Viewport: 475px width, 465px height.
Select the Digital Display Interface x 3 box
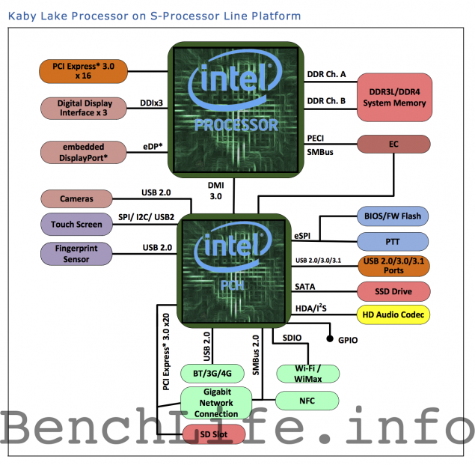tap(84, 109)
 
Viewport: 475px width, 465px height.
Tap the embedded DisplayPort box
tap(84, 152)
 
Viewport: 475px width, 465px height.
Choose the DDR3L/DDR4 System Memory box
tap(393, 96)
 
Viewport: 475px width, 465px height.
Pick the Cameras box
tap(77, 199)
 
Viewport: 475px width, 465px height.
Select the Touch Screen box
tap(76, 224)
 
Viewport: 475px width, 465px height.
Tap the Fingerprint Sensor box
tap(76, 253)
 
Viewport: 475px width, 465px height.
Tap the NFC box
tap(307, 401)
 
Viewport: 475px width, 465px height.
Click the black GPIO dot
tap(330, 339)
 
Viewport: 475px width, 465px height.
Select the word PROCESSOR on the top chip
tap(236, 124)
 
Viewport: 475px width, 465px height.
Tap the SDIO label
tap(293, 338)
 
